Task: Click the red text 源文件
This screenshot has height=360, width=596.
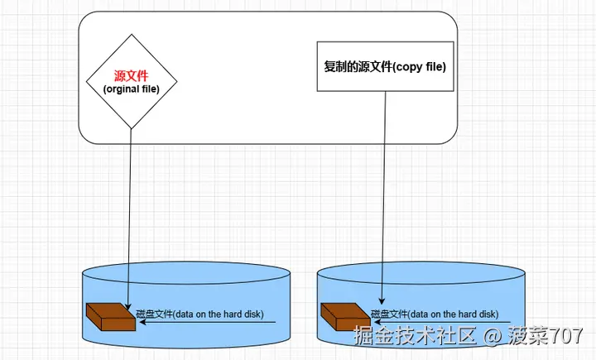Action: click(131, 76)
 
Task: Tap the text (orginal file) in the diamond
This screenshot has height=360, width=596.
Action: click(131, 89)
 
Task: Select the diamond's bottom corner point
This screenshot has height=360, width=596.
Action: click(131, 129)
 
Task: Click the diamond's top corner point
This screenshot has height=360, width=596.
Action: click(132, 34)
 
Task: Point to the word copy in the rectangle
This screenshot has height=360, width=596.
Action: click(408, 67)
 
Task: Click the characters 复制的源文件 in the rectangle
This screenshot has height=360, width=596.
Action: click(358, 66)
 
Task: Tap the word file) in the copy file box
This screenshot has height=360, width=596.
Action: click(435, 66)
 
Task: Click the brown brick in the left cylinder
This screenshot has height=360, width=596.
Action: click(111, 317)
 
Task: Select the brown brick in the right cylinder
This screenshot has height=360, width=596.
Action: click(345, 317)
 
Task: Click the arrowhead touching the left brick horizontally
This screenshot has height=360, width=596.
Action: click(143, 323)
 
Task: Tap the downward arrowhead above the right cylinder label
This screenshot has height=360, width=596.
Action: click(382, 300)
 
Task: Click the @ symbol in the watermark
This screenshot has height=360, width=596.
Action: click(493, 336)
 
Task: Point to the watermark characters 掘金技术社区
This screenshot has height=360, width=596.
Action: click(415, 335)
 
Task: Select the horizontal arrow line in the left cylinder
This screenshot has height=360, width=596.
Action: click(208, 323)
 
